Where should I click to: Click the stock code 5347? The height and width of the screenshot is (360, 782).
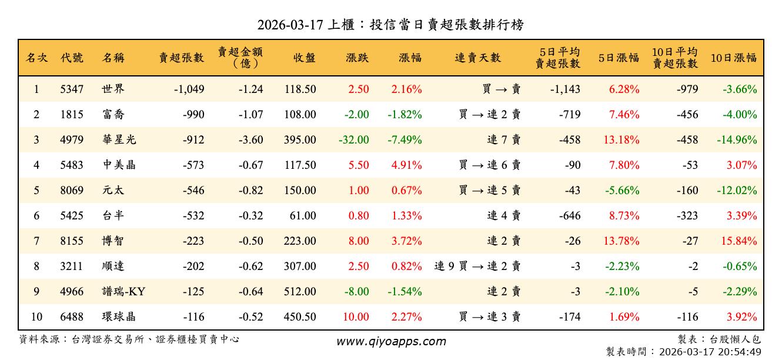point(72,89)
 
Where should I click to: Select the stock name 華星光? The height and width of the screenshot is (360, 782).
point(119,140)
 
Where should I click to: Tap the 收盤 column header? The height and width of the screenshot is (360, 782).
point(303,58)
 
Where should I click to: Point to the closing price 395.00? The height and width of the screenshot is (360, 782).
point(300,140)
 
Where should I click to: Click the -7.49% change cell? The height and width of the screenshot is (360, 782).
point(405,140)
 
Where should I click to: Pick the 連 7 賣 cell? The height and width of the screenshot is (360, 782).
point(504,140)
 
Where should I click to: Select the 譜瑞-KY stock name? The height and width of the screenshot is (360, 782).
point(123,291)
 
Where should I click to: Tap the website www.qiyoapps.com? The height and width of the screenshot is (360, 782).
point(391,341)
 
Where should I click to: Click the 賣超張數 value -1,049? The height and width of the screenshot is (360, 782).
point(189,89)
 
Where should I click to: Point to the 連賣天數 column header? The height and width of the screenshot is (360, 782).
point(477,58)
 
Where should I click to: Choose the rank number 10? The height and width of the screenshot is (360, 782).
point(36,316)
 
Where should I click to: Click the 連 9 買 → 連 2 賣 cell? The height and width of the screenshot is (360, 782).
point(477,266)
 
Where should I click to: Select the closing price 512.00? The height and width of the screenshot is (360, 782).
point(300,291)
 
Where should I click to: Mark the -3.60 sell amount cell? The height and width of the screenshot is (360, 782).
point(251,140)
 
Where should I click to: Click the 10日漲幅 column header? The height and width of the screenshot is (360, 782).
point(734,58)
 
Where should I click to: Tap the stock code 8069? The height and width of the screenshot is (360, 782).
point(72,191)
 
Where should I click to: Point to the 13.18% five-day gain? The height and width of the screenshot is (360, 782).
point(621,140)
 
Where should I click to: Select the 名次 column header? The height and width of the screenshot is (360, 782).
point(36,58)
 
